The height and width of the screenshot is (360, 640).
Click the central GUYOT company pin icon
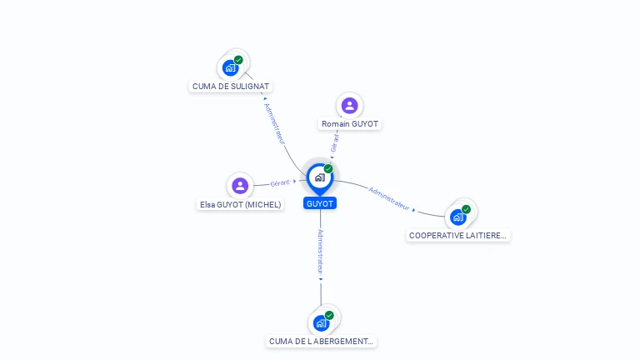tap(319, 177)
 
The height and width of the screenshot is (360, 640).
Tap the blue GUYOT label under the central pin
tap(320, 203)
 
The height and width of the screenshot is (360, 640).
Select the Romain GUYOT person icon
tap(350, 105)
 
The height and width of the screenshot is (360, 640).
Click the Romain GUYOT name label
tap(350, 124)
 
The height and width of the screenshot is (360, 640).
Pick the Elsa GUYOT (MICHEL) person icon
tap(240, 185)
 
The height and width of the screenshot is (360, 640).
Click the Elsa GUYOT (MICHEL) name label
tap(241, 204)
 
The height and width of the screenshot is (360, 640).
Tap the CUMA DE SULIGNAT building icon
tap(231, 68)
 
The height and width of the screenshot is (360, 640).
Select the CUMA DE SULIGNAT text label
tap(232, 86)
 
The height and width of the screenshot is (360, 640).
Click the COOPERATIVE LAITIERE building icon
tap(458, 217)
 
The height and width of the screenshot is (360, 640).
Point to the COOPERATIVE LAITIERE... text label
tap(458, 235)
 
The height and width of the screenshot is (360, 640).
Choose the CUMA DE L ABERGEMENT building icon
tap(322, 322)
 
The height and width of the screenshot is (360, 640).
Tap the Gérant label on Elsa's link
tap(280, 182)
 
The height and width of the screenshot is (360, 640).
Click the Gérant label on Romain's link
tap(334, 142)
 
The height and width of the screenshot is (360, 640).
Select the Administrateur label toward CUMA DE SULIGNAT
tap(275, 123)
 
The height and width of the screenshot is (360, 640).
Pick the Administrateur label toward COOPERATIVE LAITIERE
tap(389, 197)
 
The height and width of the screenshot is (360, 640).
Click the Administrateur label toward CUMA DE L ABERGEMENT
tap(320, 252)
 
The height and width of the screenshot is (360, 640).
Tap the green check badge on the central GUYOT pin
tap(328, 168)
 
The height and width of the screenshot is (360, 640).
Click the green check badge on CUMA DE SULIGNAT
tap(238, 60)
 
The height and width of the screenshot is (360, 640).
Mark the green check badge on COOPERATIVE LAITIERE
tap(466, 209)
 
